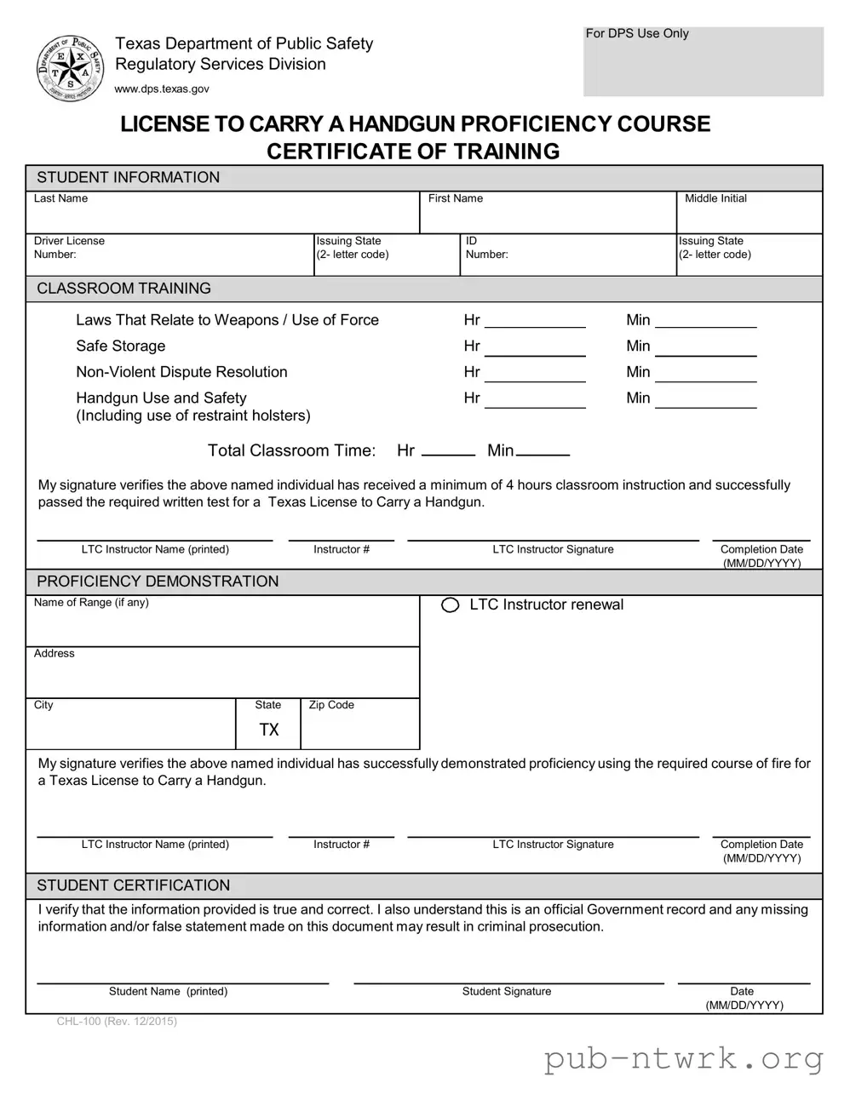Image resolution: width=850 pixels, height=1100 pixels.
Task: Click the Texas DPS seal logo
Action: coord(70,68)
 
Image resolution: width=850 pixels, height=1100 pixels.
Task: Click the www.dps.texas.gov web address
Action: coord(162,89)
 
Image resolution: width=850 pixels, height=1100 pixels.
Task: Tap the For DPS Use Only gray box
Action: coord(703,62)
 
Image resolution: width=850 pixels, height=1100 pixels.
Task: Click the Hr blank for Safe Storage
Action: coord(535,347)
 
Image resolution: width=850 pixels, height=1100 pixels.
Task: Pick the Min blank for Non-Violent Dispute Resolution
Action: coord(705,373)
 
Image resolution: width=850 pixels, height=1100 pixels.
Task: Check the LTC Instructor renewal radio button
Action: coord(451,605)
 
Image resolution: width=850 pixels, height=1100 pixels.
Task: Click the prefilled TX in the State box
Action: coord(269,730)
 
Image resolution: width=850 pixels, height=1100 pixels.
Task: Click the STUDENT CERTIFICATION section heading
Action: coord(134,885)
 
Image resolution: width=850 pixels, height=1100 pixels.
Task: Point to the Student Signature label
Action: coord(507,991)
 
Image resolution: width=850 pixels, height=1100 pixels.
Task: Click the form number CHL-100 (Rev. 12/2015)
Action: coord(117,1022)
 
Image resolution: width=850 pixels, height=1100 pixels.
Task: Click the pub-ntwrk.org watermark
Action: coord(684,1059)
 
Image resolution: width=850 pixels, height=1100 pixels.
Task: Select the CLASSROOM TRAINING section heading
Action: coord(124,289)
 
